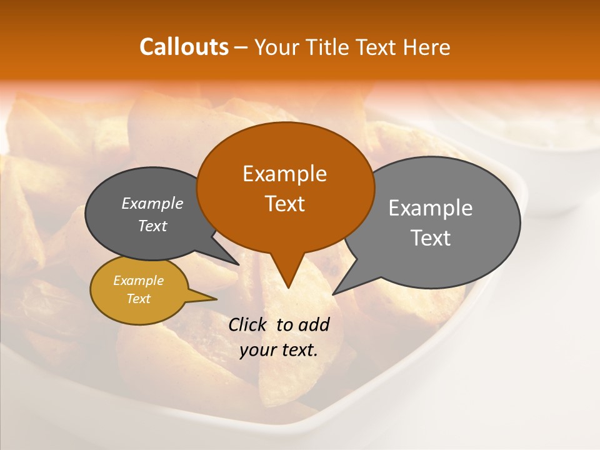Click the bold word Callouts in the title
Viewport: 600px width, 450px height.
pos(184,47)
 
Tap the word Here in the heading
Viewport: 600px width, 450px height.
pos(426,47)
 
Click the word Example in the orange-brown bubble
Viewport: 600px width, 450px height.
pos(284,174)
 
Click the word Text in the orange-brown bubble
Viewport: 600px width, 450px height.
pos(284,204)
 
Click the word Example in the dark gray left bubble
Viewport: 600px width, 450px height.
pos(152,203)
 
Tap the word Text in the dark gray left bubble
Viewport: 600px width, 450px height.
pos(152,226)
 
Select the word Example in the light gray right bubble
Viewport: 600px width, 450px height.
pos(431,208)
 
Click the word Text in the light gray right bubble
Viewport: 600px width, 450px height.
pos(431,238)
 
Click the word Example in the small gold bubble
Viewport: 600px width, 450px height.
pos(138,281)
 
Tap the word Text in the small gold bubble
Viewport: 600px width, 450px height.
pos(138,299)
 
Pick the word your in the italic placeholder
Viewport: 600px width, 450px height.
pos(257,350)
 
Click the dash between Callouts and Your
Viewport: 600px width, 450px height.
pos(242,47)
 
